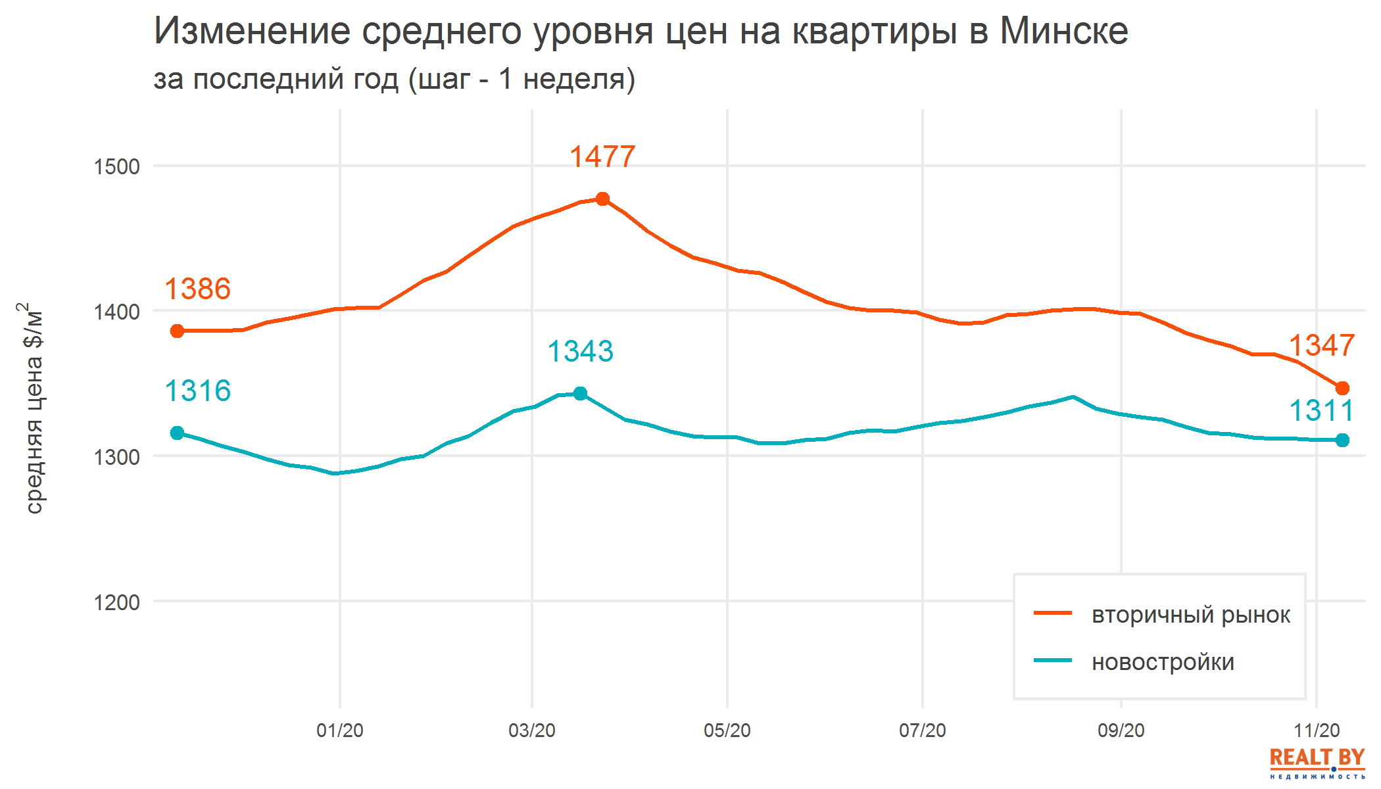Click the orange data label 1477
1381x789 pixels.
click(602, 157)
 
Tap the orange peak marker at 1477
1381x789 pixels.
click(602, 199)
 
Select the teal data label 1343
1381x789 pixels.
click(580, 351)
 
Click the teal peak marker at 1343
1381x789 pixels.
click(580, 394)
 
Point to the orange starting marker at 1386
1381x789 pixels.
click(177, 331)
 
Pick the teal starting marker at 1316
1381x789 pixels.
click(177, 433)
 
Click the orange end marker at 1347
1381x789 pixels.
click(1342, 389)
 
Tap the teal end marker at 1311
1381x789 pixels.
click(1342, 440)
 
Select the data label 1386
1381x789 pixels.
click(197, 289)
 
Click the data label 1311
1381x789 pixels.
click(1320, 411)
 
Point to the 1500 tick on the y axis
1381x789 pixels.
click(116, 167)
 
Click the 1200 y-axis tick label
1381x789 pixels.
click(116, 602)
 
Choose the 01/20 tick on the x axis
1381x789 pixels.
click(339, 730)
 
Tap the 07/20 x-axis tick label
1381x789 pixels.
click(922, 730)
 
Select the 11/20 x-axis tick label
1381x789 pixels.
click(1316, 730)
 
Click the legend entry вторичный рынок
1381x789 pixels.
click(1190, 615)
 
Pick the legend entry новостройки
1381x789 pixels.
click(1163, 662)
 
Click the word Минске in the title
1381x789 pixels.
click(1063, 31)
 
